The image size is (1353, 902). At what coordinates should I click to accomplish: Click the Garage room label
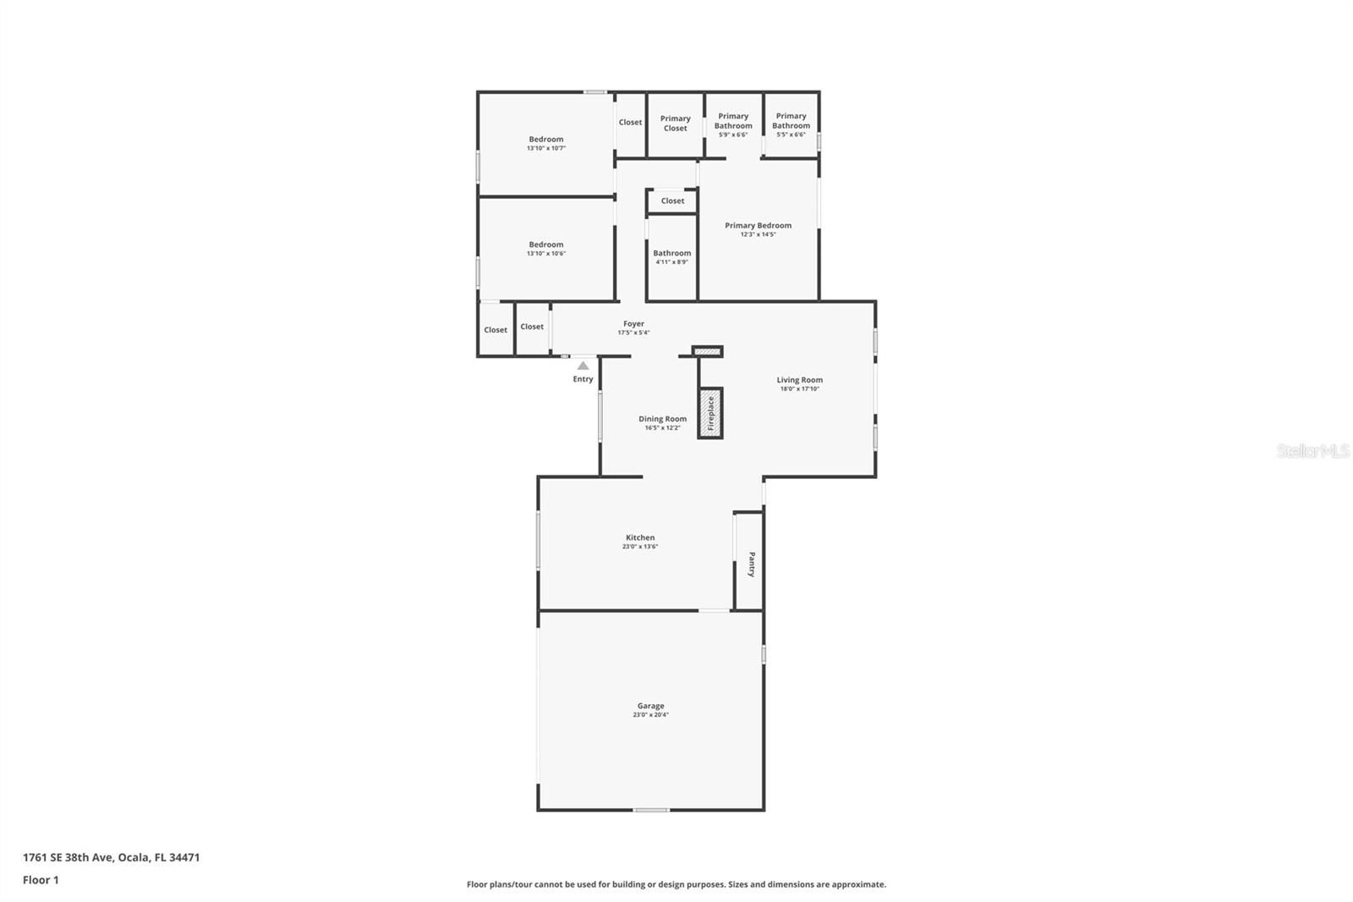(650, 706)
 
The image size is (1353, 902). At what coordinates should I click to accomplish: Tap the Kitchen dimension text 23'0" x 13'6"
(640, 547)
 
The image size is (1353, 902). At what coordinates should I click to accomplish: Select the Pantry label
(751, 564)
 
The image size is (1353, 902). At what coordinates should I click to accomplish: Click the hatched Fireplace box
(710, 414)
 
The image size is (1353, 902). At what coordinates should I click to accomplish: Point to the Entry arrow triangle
(583, 366)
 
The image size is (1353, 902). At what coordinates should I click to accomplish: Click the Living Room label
(799, 380)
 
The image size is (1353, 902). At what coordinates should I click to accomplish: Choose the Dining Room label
(662, 419)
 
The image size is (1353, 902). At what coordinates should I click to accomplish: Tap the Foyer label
(633, 323)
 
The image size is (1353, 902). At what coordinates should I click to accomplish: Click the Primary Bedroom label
(758, 225)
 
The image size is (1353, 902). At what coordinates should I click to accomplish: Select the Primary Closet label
(675, 124)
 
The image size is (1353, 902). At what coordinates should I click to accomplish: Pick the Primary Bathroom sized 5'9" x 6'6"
(733, 121)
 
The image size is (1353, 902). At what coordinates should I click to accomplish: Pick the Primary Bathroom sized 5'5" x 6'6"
(791, 121)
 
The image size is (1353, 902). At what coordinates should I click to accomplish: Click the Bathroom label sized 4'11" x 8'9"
(671, 253)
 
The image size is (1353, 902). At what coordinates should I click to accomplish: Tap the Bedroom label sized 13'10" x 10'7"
(546, 139)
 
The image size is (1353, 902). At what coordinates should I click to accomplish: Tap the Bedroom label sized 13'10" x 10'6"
(546, 245)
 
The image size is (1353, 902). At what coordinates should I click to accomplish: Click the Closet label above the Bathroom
(672, 201)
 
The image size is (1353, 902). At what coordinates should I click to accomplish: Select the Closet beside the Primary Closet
(630, 122)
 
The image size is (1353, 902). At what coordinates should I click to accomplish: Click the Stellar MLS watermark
(1312, 451)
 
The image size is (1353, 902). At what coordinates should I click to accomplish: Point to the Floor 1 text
(41, 880)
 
